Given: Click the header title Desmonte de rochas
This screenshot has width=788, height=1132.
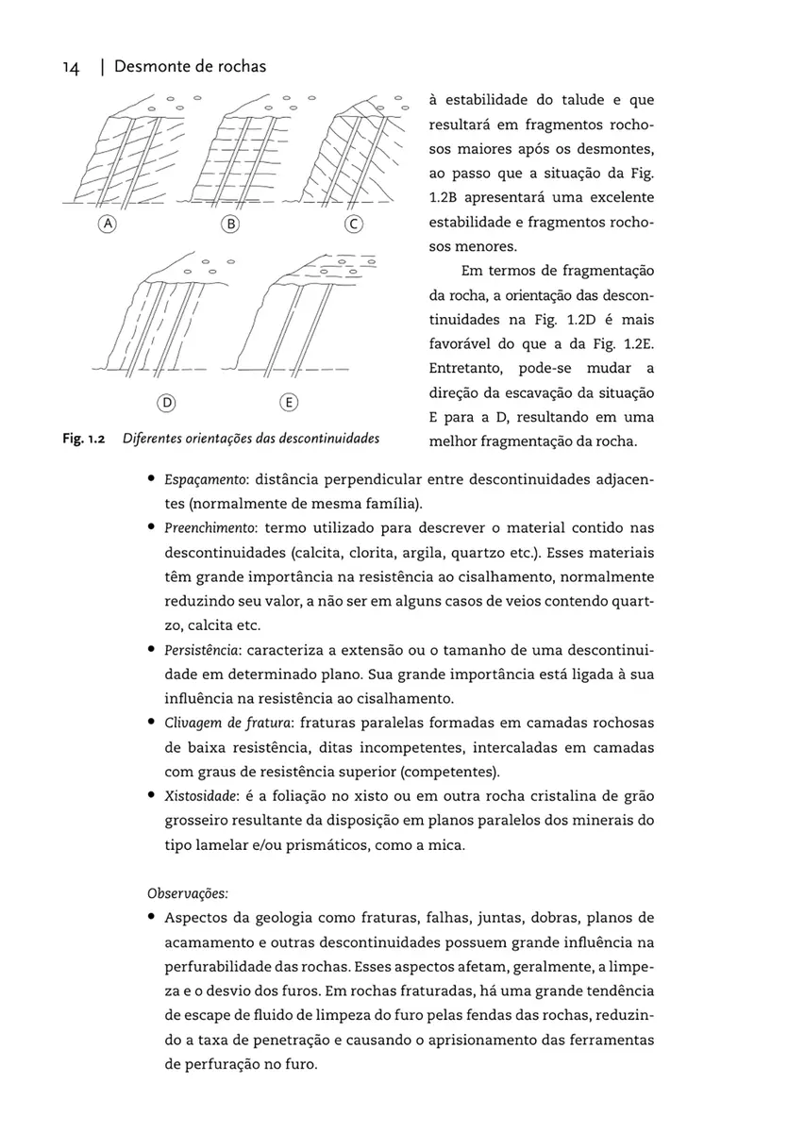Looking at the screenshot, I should tap(189, 67).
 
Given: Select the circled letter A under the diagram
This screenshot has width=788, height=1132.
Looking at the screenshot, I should tap(109, 225).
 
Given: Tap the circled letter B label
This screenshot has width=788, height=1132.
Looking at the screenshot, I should tap(229, 225).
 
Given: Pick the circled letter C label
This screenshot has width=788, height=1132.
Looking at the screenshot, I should tap(354, 225).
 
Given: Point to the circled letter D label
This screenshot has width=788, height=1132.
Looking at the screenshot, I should tap(166, 403).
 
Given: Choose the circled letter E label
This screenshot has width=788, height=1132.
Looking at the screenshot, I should tap(290, 403).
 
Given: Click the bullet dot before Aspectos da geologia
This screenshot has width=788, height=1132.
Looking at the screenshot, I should tap(151, 918).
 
